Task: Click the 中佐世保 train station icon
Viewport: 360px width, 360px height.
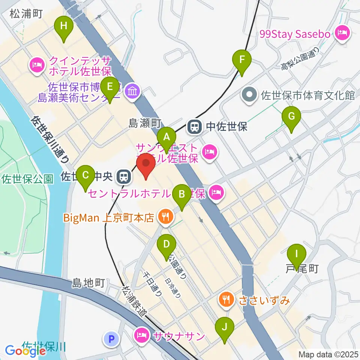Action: point(195,127)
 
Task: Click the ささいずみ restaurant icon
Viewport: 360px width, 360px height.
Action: point(225,300)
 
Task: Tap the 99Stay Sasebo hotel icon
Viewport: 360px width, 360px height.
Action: point(342,34)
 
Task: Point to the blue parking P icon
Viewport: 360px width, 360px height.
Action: point(111,339)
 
